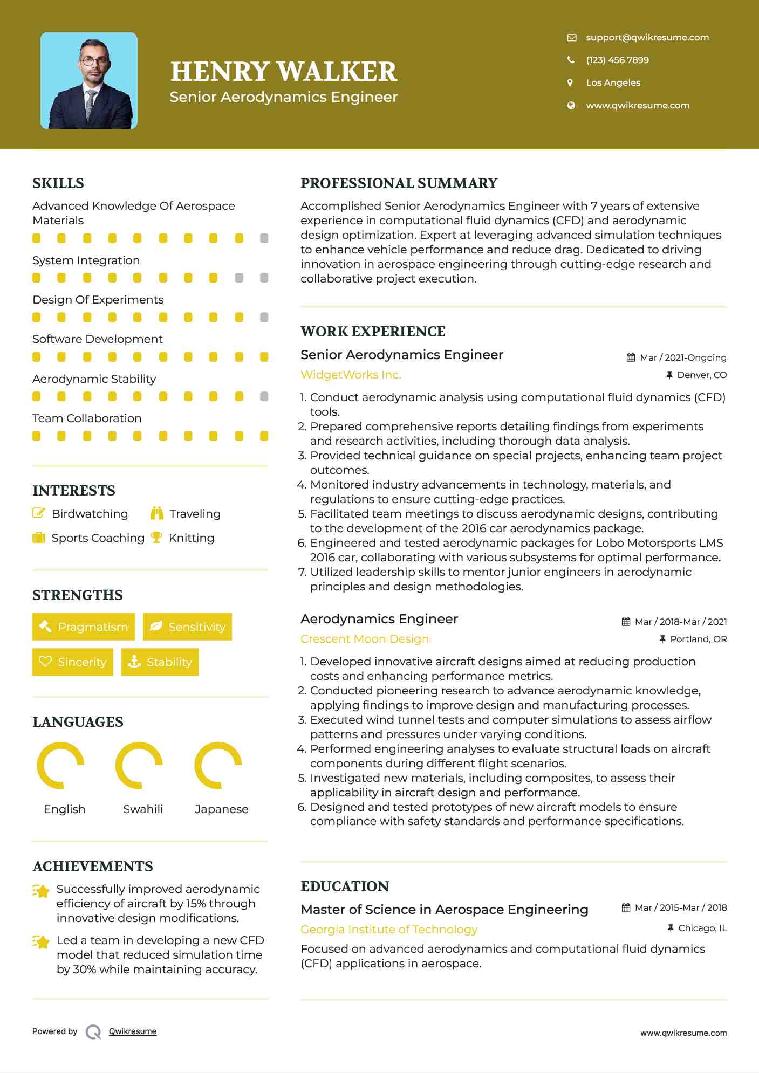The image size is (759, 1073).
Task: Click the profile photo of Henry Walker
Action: click(89, 81)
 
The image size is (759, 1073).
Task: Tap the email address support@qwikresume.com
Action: click(647, 37)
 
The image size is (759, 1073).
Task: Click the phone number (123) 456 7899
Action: click(617, 60)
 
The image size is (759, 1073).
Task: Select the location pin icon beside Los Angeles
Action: click(570, 82)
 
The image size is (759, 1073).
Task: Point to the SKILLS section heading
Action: click(58, 183)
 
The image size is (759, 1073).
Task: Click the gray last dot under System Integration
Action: click(264, 278)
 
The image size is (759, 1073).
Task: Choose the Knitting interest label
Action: click(192, 538)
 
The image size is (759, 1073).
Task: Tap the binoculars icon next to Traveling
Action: click(157, 513)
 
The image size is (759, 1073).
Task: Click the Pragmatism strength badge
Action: click(84, 627)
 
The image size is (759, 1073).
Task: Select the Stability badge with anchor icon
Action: click(160, 662)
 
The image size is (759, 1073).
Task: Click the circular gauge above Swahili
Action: click(139, 765)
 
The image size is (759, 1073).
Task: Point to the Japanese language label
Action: click(221, 809)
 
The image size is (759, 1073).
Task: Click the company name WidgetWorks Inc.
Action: click(351, 375)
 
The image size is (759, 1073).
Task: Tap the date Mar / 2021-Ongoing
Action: click(682, 357)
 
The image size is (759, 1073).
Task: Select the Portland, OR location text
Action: click(698, 639)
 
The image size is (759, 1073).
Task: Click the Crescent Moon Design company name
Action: click(365, 639)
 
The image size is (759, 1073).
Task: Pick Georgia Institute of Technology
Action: click(389, 930)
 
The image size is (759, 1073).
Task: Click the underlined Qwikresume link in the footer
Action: click(133, 1031)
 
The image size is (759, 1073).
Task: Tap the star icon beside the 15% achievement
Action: click(41, 891)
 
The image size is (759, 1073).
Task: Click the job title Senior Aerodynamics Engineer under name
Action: click(283, 97)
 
